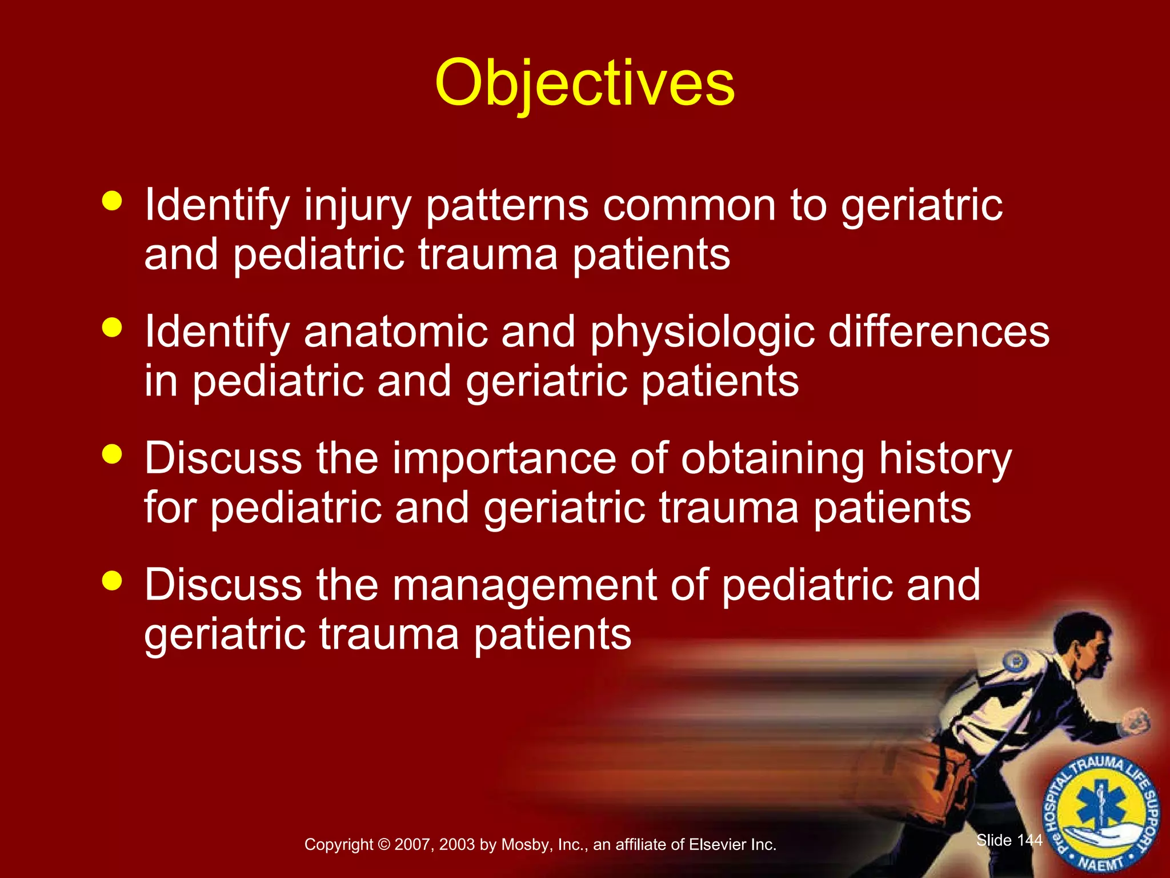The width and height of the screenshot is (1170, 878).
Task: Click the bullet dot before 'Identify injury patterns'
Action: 112,201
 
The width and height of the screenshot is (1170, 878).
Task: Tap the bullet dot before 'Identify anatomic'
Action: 112,328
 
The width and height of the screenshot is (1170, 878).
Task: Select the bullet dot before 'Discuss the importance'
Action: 112,454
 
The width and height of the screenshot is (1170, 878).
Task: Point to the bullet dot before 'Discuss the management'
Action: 112,581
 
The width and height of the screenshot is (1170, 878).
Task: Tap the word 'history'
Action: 945,460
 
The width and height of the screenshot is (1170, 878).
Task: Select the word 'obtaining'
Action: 772,460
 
